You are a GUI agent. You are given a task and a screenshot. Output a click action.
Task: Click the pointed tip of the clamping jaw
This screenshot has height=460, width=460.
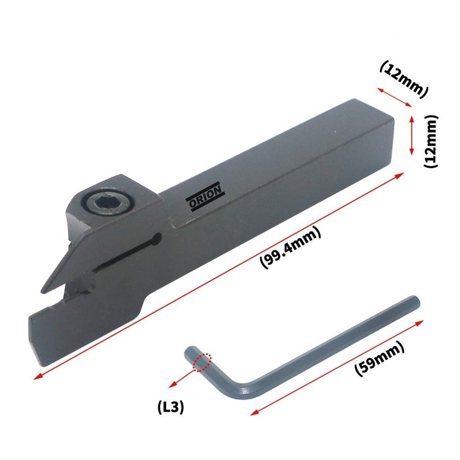43,291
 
